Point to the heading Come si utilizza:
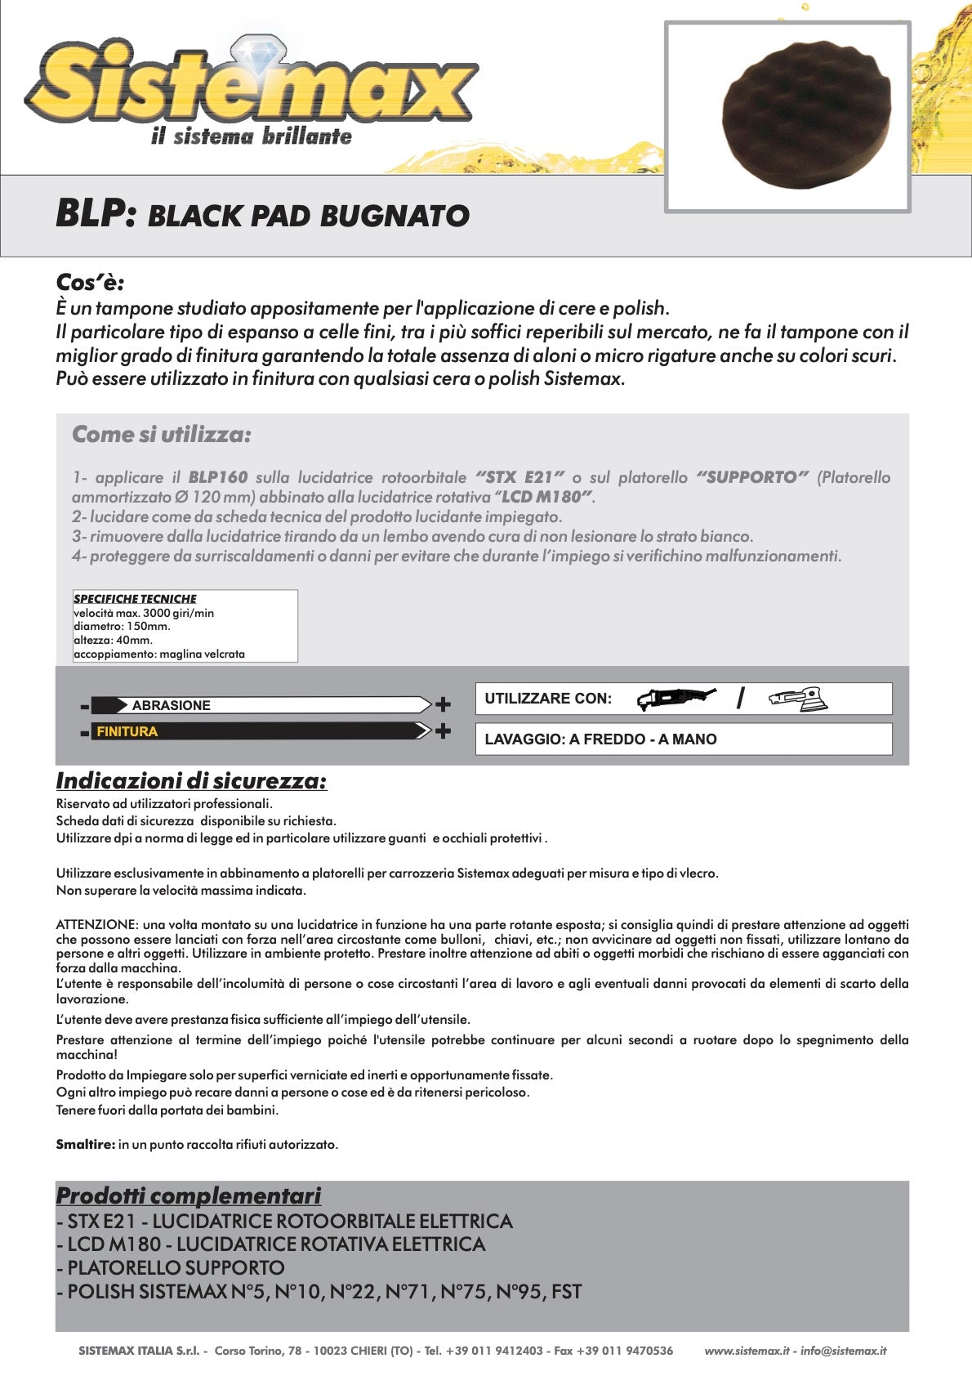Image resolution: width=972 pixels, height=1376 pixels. point(162,435)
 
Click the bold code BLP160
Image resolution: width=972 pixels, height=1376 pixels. point(217,477)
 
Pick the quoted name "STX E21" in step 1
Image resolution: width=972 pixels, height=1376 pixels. point(519,477)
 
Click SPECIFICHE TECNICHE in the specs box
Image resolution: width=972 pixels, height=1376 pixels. point(135,599)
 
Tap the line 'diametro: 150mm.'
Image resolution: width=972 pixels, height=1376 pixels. point(122,627)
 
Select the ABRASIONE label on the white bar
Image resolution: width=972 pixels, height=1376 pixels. point(171,705)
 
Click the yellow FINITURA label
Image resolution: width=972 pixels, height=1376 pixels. point(127,731)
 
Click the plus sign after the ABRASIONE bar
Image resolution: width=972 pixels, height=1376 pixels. point(443,704)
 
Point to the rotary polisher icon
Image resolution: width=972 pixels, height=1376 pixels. point(675,698)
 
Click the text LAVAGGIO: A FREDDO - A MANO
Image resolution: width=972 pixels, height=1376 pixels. point(600,739)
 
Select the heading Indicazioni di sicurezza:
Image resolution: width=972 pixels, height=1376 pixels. point(191,781)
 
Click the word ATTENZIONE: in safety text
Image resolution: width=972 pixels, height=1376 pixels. point(97,925)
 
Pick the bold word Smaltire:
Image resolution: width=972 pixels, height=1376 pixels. point(85,1145)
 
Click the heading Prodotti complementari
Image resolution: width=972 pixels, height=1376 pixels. point(188,1196)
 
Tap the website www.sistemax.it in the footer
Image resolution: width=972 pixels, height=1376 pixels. point(747,1351)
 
